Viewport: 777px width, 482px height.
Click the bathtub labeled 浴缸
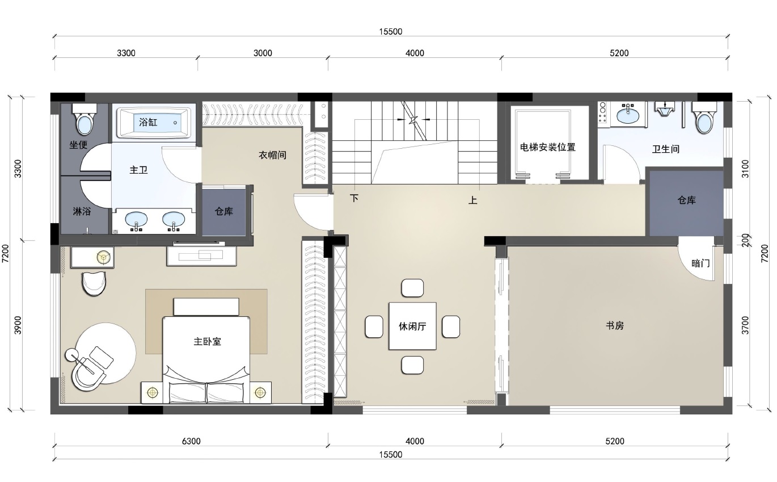[154, 122]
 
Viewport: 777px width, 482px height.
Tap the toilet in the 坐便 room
[85, 119]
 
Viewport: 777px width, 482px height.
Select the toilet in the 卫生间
[704, 118]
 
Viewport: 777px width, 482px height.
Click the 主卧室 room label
[207, 342]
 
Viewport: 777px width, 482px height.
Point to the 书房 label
[615, 326]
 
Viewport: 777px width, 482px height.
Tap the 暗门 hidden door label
[700, 263]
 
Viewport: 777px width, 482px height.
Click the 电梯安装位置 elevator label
[547, 147]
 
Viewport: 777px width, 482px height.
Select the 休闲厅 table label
[412, 326]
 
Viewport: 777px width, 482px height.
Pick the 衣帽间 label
[272, 155]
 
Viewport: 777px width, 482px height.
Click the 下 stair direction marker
[354, 198]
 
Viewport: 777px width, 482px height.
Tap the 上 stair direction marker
[473, 200]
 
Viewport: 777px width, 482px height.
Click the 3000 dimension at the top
[263, 53]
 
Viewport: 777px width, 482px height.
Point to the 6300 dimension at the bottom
[191, 441]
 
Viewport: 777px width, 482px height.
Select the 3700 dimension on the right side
[745, 325]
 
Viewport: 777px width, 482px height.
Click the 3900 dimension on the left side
[18, 325]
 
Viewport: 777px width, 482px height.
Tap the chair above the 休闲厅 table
[412, 288]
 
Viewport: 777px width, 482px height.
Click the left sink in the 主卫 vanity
[136, 220]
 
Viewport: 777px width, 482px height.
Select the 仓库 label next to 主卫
[223, 212]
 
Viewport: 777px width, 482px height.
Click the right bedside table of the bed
[260, 393]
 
